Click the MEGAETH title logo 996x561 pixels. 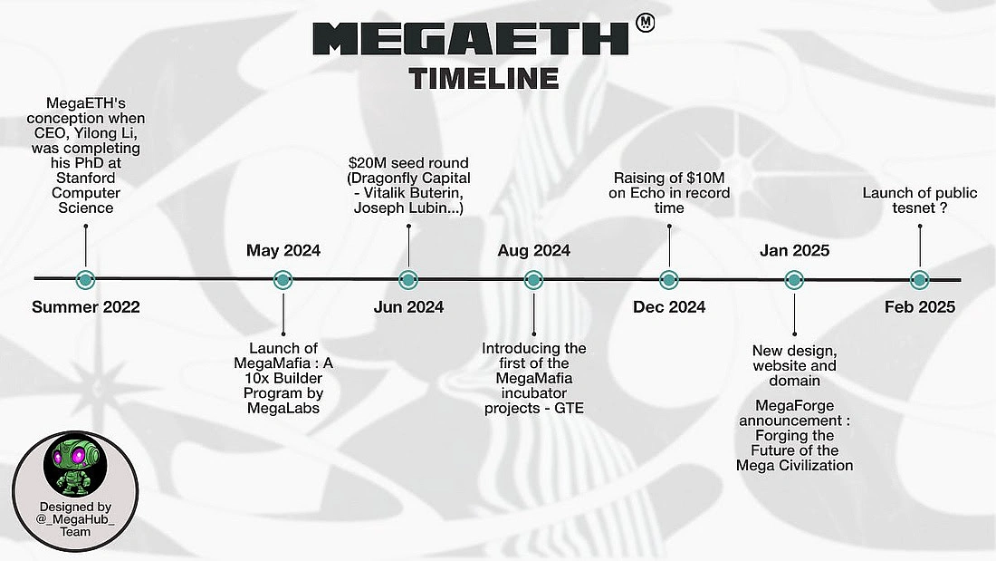470,40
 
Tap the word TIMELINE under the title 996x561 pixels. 484,78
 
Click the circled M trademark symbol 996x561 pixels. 646,23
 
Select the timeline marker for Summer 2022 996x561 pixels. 86,280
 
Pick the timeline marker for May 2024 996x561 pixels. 283,280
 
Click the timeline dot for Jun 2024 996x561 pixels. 408,280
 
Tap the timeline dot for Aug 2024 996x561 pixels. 533,280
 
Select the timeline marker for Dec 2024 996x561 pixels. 669,280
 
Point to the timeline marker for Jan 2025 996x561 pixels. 794,280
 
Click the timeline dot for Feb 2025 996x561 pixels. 919,280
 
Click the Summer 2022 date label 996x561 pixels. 86,307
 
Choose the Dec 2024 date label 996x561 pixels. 669,307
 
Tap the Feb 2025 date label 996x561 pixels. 919,307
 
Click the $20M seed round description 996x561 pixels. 409,185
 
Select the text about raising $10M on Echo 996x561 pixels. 671,193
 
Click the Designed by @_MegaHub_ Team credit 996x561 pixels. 75,519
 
